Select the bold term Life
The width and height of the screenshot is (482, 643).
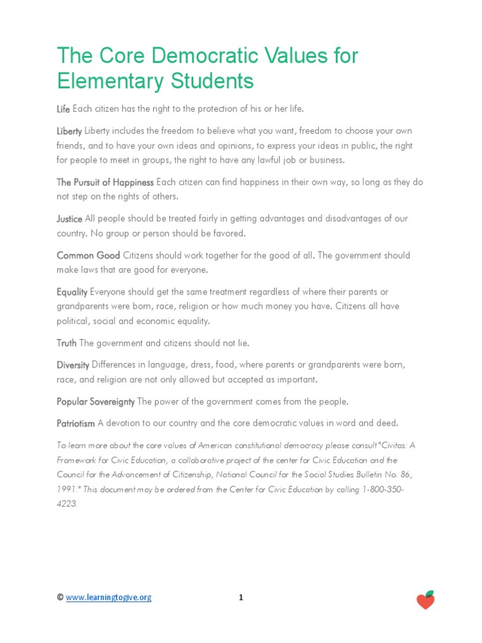pos(63,109)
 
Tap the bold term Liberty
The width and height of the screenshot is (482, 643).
pos(69,131)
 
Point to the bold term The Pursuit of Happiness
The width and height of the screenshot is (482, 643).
pos(105,182)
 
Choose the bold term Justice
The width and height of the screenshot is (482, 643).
pos(70,219)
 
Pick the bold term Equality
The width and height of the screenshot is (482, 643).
pos(72,292)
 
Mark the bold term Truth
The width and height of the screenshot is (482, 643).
pos(67,343)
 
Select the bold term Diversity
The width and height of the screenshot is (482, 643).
pos(73,365)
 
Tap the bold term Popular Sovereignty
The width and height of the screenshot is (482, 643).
pos(95,401)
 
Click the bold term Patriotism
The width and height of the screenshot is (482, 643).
pos(76,424)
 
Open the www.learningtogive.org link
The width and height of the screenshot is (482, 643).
pos(109,598)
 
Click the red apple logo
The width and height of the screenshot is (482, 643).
pos(426,600)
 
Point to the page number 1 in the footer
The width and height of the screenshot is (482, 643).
pos(240,598)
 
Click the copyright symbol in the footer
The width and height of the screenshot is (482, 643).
pos(60,598)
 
